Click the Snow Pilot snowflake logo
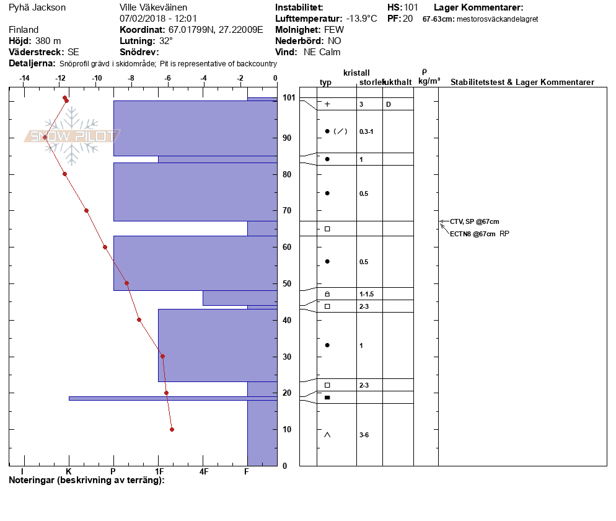(71, 136)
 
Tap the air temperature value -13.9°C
(361, 19)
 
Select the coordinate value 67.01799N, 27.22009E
(216, 30)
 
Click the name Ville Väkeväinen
(153, 7)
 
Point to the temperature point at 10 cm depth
(172, 429)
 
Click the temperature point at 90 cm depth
(45, 138)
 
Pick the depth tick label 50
(287, 283)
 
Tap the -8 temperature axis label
(131, 78)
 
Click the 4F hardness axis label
(203, 471)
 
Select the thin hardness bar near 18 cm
(173, 398)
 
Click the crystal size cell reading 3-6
(364, 435)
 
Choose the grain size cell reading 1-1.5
(366, 294)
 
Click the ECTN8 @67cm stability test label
(473, 234)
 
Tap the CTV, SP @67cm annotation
(475, 222)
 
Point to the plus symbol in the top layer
(327, 104)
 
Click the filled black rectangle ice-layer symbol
(327, 398)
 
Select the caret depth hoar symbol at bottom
(327, 435)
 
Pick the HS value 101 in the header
(411, 7)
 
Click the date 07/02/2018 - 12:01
(158, 19)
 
